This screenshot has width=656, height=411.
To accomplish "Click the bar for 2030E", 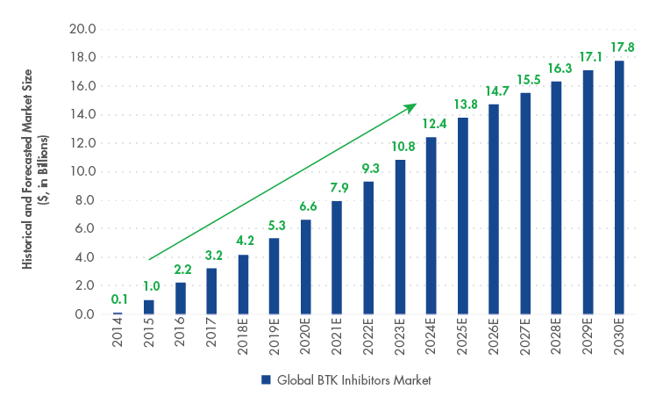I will click(619, 187).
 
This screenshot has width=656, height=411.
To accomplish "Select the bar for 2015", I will click(149, 307).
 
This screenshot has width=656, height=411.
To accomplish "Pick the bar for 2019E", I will click(275, 276).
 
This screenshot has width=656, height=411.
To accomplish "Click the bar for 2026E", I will click(494, 209).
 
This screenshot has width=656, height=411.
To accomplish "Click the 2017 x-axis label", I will click(212, 337).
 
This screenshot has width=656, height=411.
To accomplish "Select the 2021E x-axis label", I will click(338, 341).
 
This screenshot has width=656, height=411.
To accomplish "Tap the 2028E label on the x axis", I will click(557, 341).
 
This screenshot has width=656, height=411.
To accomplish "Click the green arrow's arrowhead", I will click(410, 106).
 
